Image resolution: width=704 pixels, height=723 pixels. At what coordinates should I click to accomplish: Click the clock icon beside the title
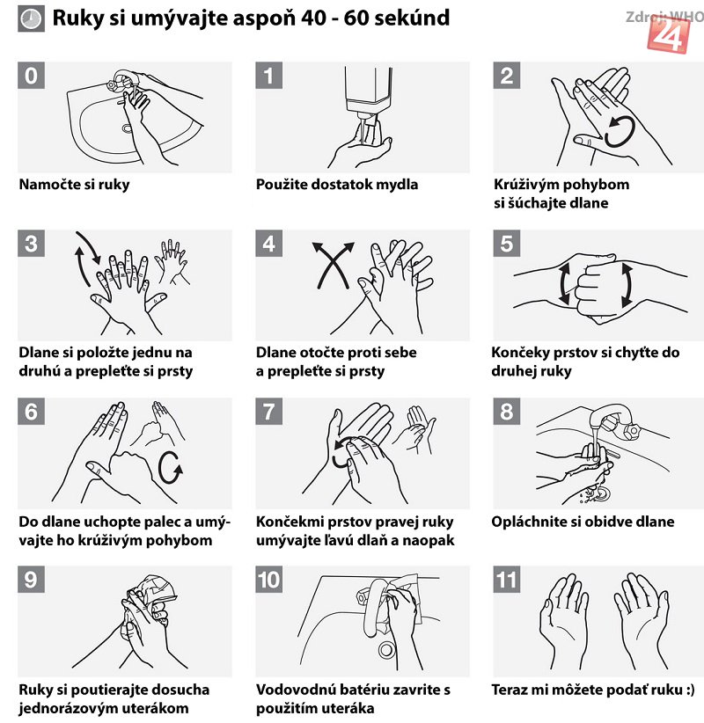click(32, 18)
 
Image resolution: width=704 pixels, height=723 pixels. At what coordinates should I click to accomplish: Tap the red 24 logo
click(669, 34)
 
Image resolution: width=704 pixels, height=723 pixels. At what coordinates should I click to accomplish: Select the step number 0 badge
click(32, 75)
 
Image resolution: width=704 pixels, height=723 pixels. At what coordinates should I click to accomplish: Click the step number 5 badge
click(506, 243)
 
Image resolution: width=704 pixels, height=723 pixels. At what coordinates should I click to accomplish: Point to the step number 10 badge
click(269, 579)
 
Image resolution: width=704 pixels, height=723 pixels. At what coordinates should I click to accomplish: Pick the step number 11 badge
click(506, 579)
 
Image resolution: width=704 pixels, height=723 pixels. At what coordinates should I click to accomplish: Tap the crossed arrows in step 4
click(334, 265)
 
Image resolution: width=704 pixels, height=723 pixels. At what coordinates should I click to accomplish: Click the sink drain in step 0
click(128, 128)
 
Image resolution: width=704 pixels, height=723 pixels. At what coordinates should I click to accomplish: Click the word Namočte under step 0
click(45, 184)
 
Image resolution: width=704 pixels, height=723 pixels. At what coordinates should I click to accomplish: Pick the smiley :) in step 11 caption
click(690, 690)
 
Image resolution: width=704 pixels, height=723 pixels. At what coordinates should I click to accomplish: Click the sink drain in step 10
click(385, 650)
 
